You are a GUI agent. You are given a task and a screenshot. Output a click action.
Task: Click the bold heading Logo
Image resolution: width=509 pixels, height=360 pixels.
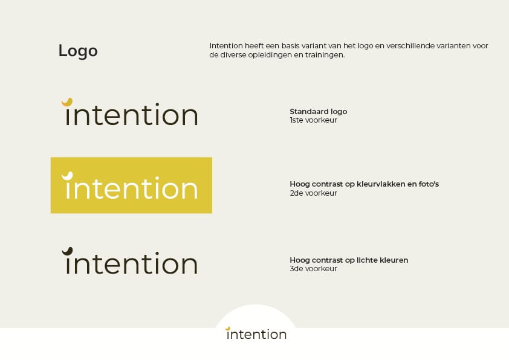tap(78, 51)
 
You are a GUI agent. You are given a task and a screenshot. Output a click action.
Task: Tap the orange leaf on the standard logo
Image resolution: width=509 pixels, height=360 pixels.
tap(67, 102)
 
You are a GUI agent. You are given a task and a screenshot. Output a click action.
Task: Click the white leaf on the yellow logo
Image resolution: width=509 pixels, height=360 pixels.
tap(67, 176)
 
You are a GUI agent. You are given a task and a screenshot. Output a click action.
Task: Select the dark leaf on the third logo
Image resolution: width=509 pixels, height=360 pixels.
tap(67, 251)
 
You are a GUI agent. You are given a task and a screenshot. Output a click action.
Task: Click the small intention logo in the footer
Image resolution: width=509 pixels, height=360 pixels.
tap(256, 333)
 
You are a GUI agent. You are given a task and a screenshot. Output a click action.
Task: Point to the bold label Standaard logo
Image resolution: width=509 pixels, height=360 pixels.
tap(318, 112)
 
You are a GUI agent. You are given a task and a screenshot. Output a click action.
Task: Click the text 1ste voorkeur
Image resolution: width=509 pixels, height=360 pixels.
tap(313, 120)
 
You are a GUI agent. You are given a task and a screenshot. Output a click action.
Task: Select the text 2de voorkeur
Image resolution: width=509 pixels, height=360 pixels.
tap(313, 193)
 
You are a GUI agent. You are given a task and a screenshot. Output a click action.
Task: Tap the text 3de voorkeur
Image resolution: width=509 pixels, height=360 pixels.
tap(313, 269)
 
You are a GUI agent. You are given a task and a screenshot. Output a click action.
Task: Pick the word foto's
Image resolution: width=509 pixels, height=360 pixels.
tap(429, 184)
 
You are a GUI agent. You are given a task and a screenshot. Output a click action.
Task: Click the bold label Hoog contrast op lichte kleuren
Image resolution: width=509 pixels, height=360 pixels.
tap(349, 260)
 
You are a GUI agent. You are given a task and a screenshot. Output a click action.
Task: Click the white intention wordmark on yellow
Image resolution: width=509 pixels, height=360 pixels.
tap(130, 185)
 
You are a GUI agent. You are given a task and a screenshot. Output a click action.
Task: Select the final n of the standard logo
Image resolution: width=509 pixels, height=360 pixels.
tap(190, 116)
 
